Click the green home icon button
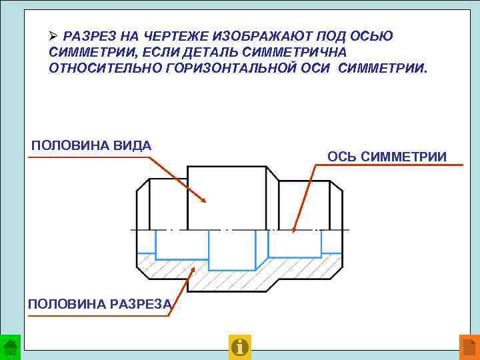pos(10,347)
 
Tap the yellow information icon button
pos(239,347)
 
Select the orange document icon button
pos(469,347)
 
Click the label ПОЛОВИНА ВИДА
pos(91,146)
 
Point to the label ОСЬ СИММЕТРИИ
pos(387,157)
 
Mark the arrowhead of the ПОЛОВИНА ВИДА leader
pos(207,201)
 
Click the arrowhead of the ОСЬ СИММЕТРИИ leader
pos(294,231)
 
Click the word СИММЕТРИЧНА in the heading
pos(295,52)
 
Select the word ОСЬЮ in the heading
pos(371,36)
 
